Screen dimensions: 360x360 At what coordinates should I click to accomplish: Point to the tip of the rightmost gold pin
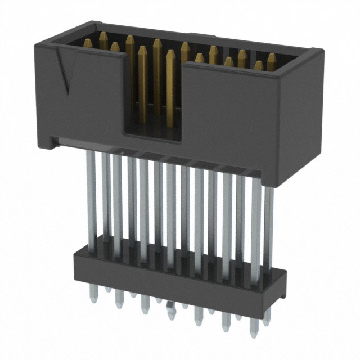coord(272,57)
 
